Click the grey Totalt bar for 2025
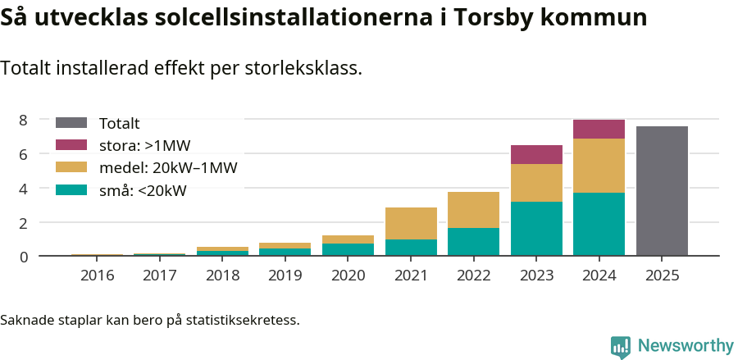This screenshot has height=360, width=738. (662, 191)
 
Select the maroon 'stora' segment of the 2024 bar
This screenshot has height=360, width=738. (599, 129)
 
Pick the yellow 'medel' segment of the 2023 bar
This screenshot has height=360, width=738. (536, 183)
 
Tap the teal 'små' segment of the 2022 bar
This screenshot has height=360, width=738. (473, 242)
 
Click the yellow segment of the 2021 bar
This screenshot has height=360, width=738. (411, 223)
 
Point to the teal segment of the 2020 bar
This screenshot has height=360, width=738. (348, 249)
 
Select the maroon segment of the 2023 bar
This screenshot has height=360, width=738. (536, 154)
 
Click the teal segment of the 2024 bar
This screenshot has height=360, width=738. (599, 224)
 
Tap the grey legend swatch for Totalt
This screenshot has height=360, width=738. (71, 123)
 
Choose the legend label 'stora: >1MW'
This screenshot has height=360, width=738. (144, 146)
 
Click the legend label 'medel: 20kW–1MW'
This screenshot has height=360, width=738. (168, 168)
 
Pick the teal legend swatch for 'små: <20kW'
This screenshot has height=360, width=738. (71, 190)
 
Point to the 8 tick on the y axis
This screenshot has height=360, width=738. (24, 120)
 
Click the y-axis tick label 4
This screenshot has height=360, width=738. (24, 188)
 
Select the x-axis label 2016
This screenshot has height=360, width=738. (97, 275)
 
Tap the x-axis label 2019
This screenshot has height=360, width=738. (285, 275)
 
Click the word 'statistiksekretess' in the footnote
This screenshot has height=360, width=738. (243, 319)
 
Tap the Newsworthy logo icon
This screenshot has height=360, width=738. (621, 346)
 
